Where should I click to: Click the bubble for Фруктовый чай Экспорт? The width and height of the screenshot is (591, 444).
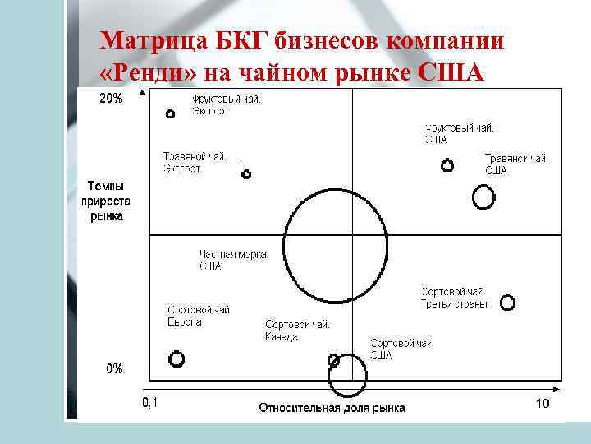point(171,114)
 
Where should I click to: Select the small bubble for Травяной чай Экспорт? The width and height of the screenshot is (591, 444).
point(246,174)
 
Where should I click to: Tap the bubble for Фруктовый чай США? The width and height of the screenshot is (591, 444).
point(447,164)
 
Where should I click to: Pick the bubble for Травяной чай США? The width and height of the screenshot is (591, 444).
point(484,197)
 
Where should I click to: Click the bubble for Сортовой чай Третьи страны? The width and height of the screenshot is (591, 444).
point(507,303)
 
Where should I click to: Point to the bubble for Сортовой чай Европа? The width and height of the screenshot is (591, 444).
point(176,358)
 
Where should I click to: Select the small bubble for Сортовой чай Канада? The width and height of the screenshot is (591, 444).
point(334,359)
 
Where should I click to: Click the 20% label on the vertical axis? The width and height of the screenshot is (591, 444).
point(112,99)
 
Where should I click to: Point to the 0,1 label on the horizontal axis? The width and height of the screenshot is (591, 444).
point(150,404)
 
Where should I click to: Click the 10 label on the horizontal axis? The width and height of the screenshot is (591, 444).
point(543,404)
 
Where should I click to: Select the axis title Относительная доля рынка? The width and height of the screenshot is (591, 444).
point(332,408)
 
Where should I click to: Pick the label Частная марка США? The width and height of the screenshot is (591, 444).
point(232,260)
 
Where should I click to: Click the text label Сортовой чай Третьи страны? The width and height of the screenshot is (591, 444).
point(454,298)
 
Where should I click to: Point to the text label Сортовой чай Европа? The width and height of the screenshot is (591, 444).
point(198,316)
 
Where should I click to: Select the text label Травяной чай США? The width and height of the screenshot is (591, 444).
point(515,164)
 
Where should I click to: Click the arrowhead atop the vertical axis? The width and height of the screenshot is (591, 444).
point(144,92)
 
